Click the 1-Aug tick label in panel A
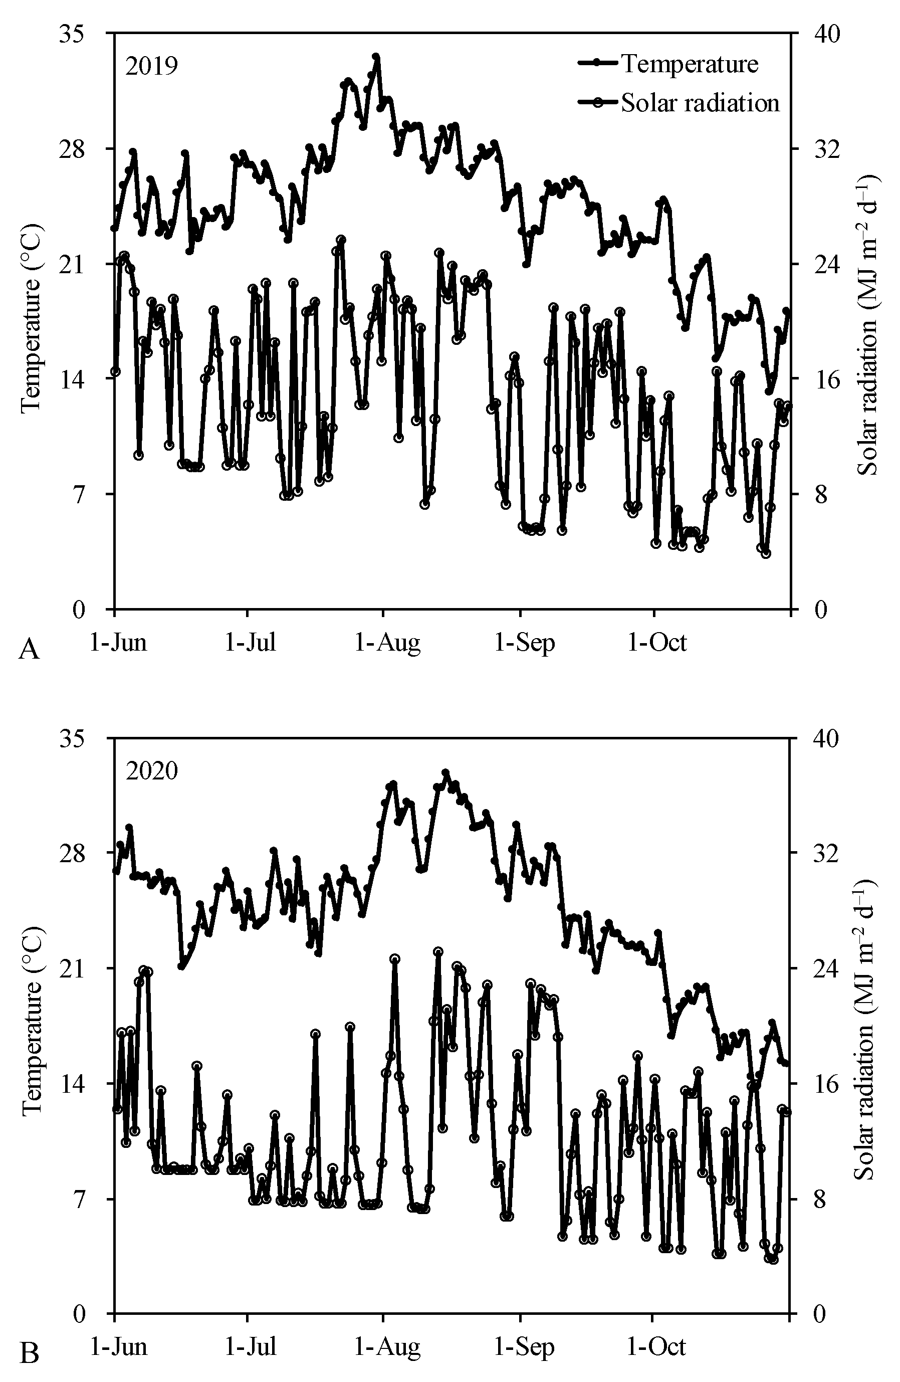(387, 643)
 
